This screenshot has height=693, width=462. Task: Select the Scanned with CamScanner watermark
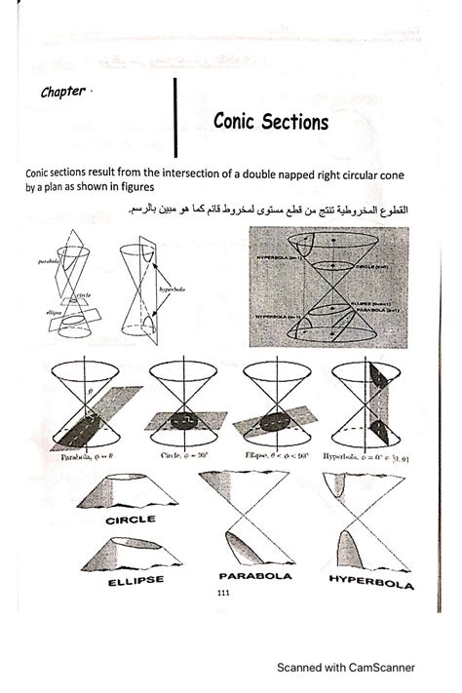pyautogui.click(x=345, y=669)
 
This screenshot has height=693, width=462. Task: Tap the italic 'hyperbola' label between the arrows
pyautogui.click(x=173, y=289)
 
